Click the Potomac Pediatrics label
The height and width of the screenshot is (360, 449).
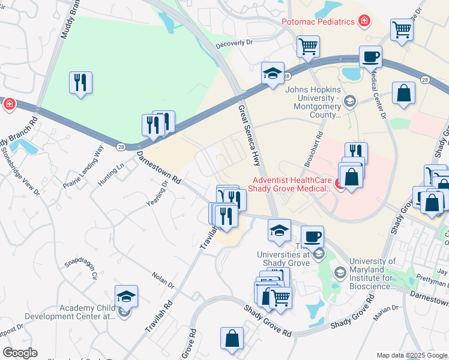[x=318, y=22]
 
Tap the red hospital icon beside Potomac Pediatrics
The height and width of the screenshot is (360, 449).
[x=364, y=22]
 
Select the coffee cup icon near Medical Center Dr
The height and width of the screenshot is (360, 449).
[x=370, y=57]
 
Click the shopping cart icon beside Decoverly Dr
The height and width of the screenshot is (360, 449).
[x=308, y=46]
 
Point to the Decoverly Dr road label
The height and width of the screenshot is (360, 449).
[x=235, y=43]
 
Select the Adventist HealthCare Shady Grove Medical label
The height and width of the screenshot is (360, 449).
[x=292, y=184]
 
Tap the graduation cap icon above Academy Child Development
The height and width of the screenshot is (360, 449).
[x=126, y=296]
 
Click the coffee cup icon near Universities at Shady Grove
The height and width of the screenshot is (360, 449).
[x=312, y=237]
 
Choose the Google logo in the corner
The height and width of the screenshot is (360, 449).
[x=20, y=353]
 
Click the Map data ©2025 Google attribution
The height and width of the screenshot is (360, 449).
[x=412, y=355]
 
